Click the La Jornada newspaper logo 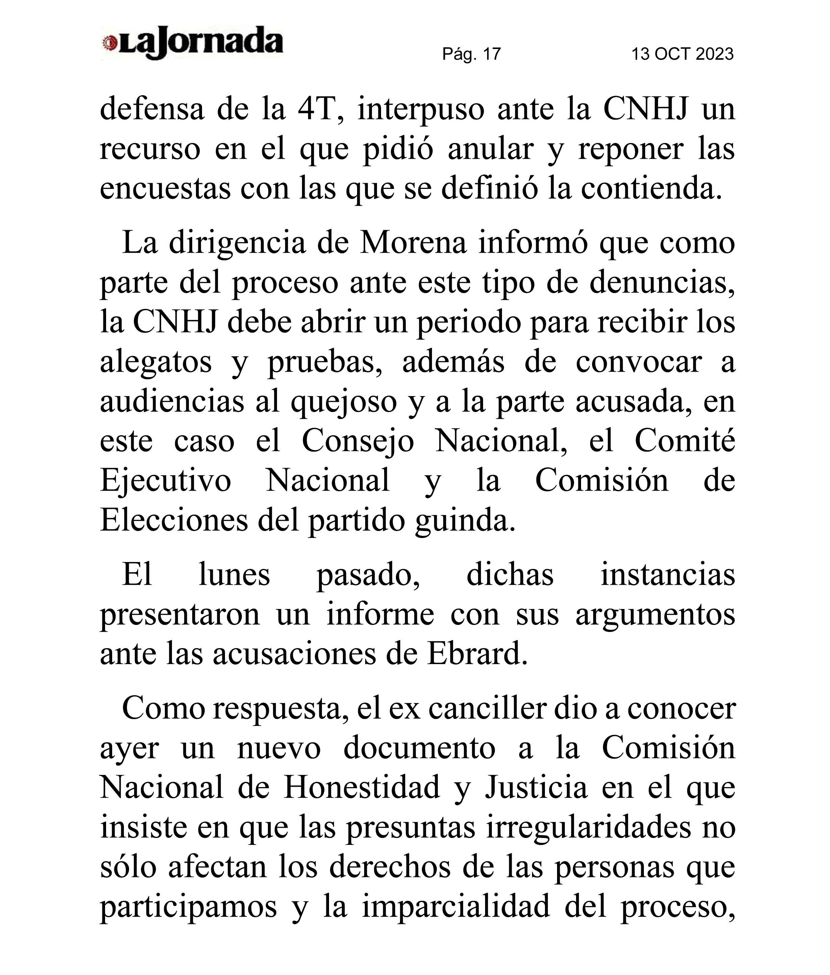192,44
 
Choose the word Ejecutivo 166,482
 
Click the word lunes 234,576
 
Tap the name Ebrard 477,654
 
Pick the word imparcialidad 456,907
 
